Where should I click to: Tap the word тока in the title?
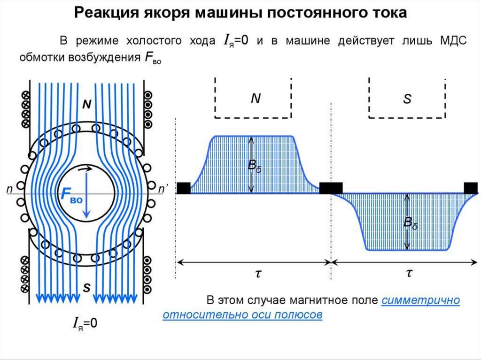pos(387,13)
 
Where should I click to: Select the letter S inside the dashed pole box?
pos(407,99)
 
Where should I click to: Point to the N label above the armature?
pos(86,105)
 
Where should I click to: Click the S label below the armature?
pos(86,288)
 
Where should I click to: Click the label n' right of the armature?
pos(163,189)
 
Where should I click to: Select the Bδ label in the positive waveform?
pos(255,166)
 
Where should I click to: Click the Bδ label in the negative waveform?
pos(411,223)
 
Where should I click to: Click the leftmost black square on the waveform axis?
pos(183,188)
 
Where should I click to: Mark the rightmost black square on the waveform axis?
pos(471,188)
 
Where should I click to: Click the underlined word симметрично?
pos(420,301)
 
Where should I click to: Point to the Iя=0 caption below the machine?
pos(85,322)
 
